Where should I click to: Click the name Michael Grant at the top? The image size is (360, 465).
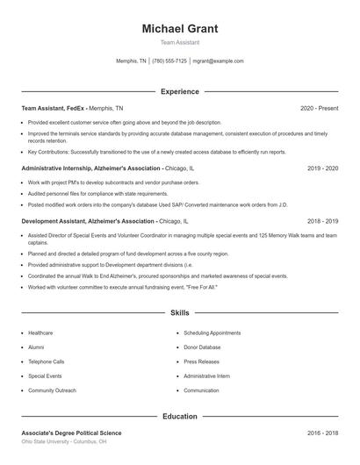click(180, 29)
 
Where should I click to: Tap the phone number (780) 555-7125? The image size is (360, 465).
click(169, 61)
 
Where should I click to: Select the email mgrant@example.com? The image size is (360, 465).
click(218, 61)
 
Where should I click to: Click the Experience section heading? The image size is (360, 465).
click(180, 91)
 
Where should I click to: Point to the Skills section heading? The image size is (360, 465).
click(180, 312)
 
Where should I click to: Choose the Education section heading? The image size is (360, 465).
click(180, 417)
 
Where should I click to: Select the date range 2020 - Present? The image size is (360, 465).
click(319, 108)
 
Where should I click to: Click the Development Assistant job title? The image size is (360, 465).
click(88, 221)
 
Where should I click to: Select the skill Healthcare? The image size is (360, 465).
click(40, 333)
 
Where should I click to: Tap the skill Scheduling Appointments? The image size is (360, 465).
click(212, 333)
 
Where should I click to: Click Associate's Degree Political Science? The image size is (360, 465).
click(71, 433)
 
